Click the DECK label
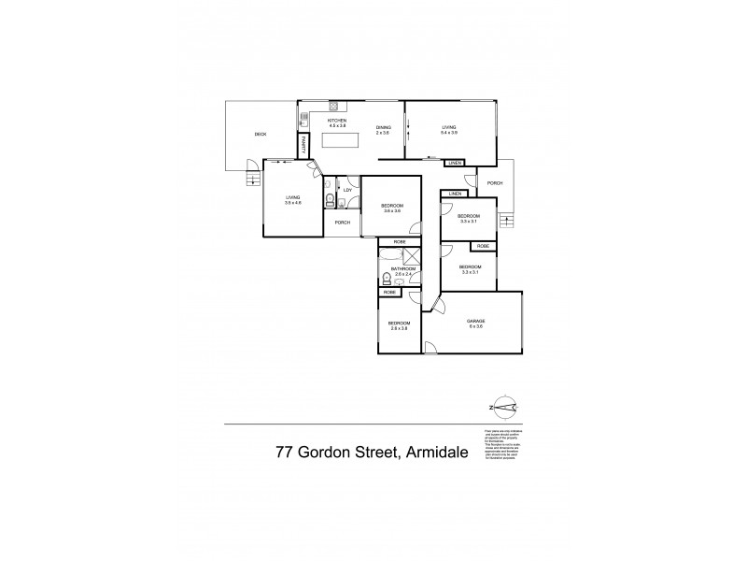(x=261, y=135)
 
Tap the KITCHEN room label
(x=336, y=121)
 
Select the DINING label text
(x=383, y=128)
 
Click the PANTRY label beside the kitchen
(x=303, y=146)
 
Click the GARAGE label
(x=475, y=321)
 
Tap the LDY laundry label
(x=347, y=191)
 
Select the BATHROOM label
(x=402, y=268)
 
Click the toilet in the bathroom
(x=387, y=279)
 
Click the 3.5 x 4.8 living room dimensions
(x=293, y=203)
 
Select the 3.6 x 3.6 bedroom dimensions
(x=392, y=210)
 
